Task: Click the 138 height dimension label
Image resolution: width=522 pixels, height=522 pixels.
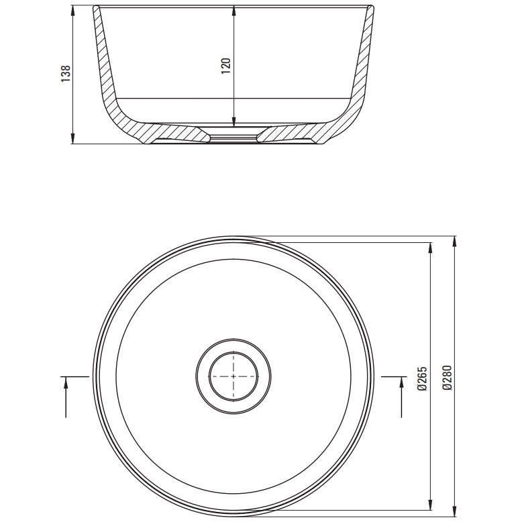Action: coord(66,74)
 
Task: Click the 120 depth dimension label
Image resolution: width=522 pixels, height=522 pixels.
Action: coord(226,66)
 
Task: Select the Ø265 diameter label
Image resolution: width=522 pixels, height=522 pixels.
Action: coord(422,378)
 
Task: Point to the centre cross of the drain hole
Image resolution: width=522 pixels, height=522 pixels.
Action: coord(233,376)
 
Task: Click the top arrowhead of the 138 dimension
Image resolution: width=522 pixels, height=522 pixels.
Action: coord(73,10)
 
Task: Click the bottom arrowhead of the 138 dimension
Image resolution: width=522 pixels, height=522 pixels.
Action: coord(73,139)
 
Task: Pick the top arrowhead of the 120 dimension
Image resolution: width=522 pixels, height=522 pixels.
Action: coord(234,10)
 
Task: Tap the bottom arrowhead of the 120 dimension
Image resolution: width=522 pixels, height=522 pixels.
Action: coord(234,122)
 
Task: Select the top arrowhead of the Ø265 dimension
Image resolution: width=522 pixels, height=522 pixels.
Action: coord(430,248)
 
